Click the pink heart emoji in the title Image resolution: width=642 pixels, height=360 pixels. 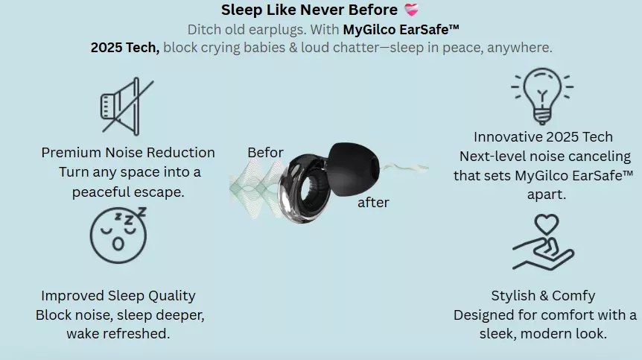(411, 10)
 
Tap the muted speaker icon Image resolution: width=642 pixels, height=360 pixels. (127, 107)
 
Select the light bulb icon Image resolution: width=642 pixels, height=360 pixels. (542, 96)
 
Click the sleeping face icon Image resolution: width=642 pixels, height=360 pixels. (118, 235)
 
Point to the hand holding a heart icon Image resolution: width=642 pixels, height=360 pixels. (544, 242)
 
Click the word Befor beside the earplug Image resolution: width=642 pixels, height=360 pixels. (265, 152)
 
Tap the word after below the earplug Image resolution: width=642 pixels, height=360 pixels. (373, 202)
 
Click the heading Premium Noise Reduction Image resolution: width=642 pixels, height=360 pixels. (128, 152)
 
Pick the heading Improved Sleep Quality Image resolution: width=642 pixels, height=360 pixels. (118, 296)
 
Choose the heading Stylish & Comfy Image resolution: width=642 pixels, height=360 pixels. (544, 296)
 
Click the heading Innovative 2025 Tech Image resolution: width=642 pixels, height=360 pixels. (544, 137)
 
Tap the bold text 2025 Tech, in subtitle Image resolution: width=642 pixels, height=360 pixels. (125, 48)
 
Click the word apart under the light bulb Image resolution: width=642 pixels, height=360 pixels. (547, 194)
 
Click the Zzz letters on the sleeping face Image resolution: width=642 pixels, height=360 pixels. (130, 216)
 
